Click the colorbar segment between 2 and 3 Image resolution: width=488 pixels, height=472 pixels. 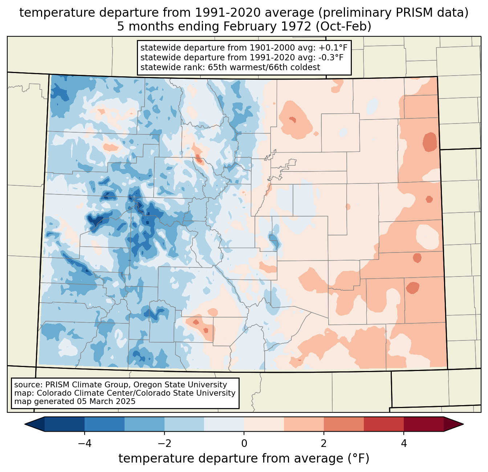tap(343, 424)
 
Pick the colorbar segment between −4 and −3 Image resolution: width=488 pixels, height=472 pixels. tap(105, 424)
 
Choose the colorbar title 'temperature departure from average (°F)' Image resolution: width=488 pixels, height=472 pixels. tap(244, 459)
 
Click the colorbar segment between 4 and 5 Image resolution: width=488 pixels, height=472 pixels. tap(423, 424)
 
